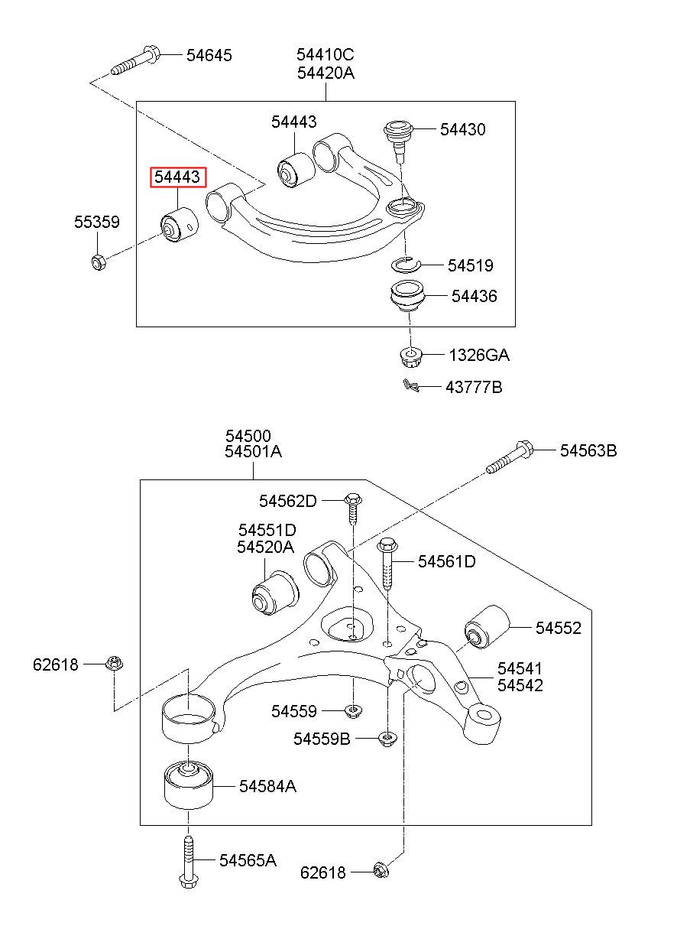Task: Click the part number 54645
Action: pyautogui.click(x=209, y=55)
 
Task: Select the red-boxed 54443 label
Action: pyautogui.click(x=177, y=177)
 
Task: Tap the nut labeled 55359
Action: pyautogui.click(x=99, y=262)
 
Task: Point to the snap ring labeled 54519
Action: pyautogui.click(x=406, y=265)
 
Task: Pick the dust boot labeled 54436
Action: pyautogui.click(x=407, y=297)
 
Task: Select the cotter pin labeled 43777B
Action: pyautogui.click(x=411, y=385)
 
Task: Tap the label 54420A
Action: pyautogui.click(x=326, y=73)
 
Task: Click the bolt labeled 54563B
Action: pyautogui.click(x=510, y=457)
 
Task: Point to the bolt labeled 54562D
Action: pyautogui.click(x=353, y=510)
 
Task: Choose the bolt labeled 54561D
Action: pyautogui.click(x=387, y=563)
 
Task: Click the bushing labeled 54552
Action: pyautogui.click(x=487, y=627)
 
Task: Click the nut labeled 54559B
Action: pyautogui.click(x=387, y=739)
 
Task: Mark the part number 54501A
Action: pyautogui.click(x=253, y=451)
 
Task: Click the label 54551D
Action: pyautogui.click(x=267, y=530)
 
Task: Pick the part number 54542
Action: pyautogui.click(x=520, y=685)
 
